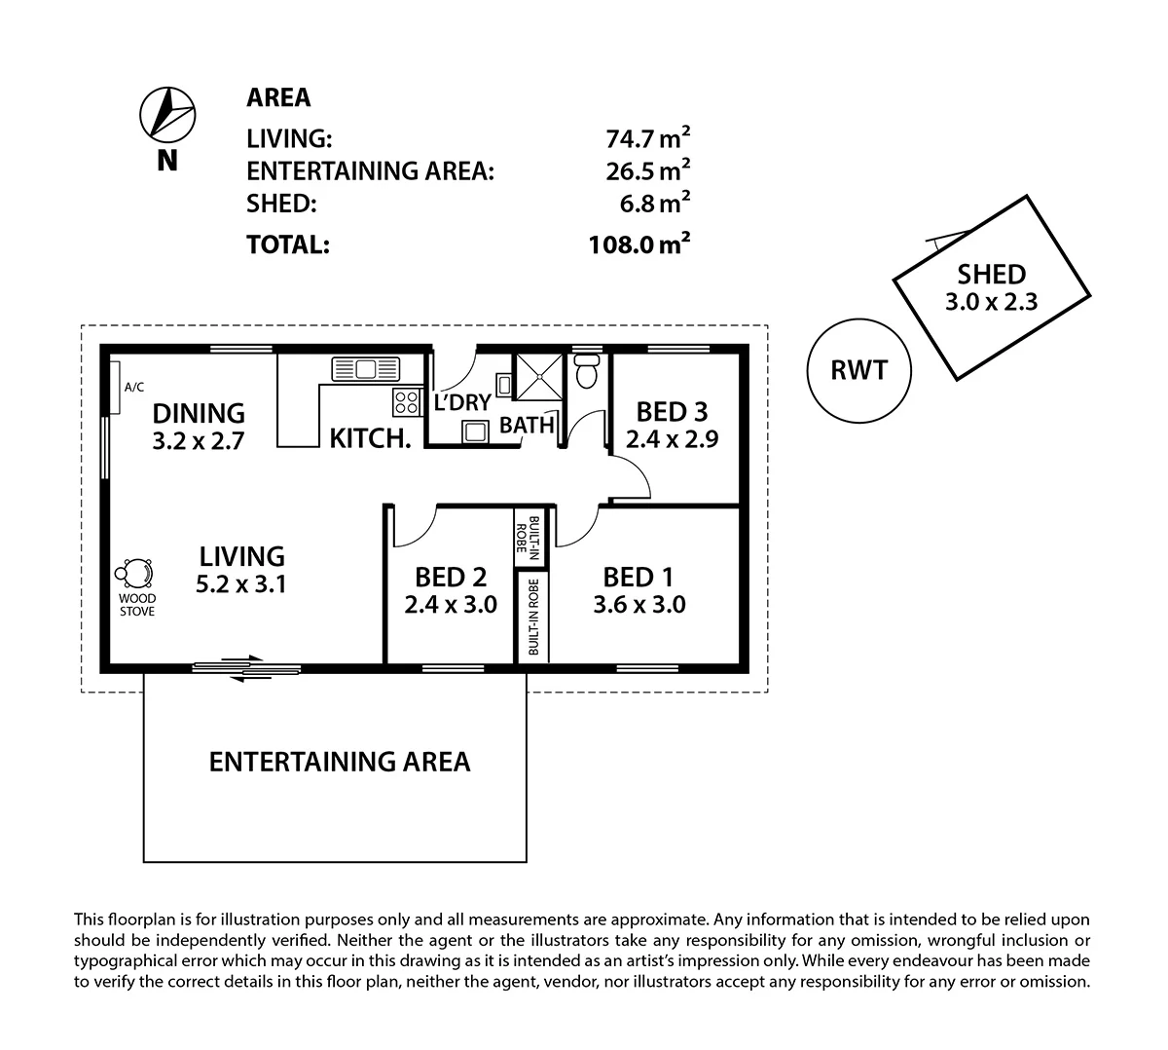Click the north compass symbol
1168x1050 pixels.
tap(168, 113)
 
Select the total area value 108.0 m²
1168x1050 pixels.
tap(639, 244)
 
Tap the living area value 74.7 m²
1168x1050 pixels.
tap(648, 138)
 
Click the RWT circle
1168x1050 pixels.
tap(860, 371)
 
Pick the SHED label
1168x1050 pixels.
tap(991, 275)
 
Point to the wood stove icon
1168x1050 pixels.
tap(135, 574)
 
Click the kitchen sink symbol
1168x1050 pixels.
tap(367, 369)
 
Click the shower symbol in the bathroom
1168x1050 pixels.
tap(537, 376)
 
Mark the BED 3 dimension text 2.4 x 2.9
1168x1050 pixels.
tap(672, 439)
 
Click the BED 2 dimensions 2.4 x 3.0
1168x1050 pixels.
tap(451, 605)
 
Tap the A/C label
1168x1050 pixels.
tap(133, 388)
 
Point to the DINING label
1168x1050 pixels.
tap(199, 413)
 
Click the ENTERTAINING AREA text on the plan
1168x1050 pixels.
tap(340, 762)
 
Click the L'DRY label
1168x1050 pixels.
tap(462, 402)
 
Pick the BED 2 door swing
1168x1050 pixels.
tap(414, 528)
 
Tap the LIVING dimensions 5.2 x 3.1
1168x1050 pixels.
tap(241, 585)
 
